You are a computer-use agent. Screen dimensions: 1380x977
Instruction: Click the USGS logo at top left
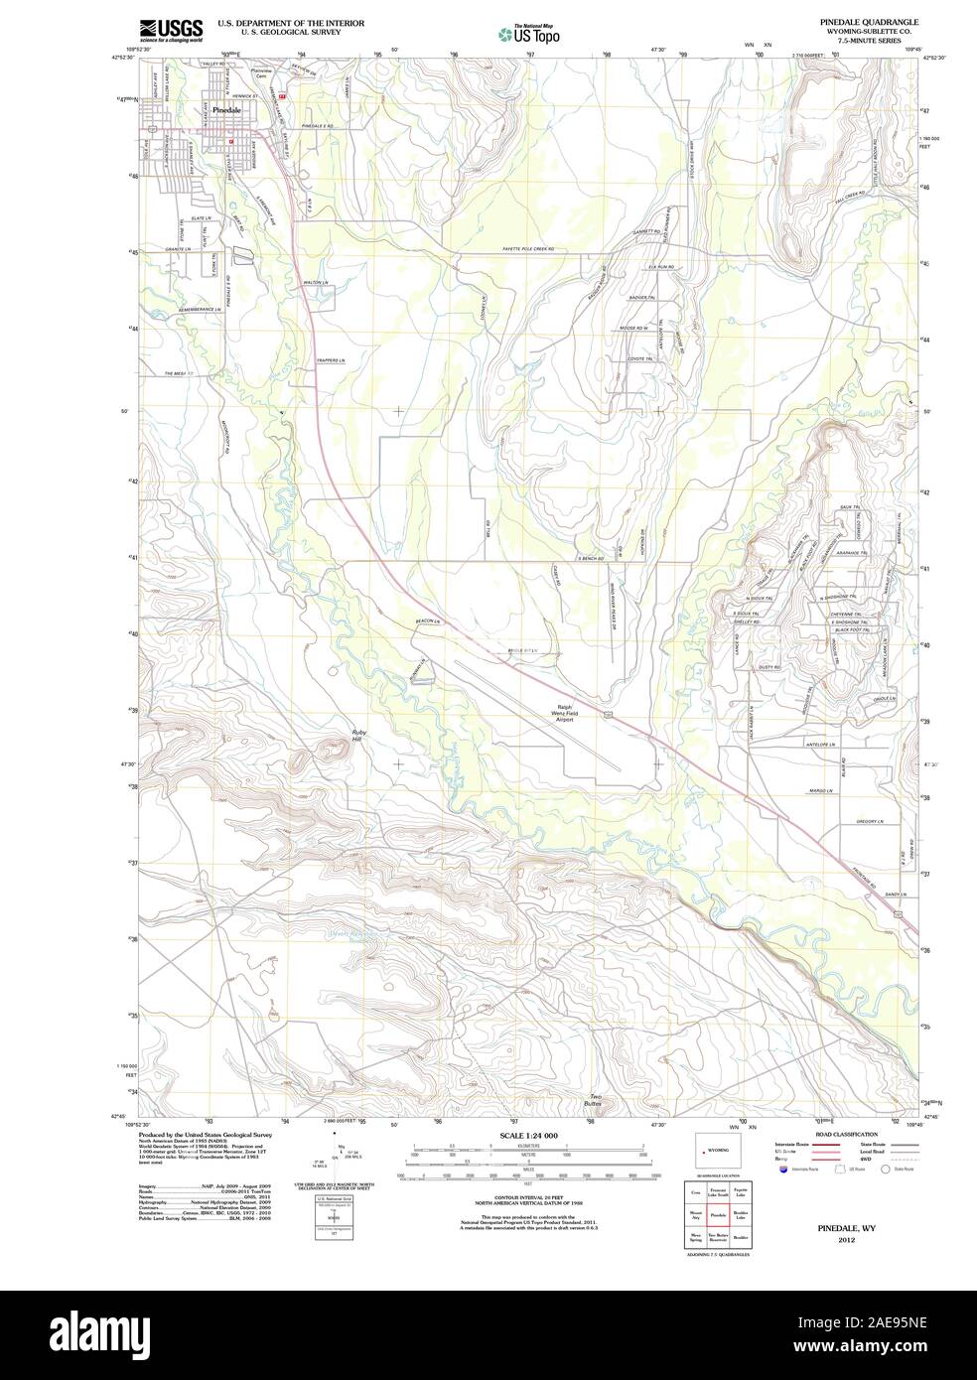click(171, 30)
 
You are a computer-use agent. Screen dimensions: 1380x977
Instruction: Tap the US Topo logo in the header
click(530, 34)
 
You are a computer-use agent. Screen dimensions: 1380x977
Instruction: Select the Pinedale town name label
click(227, 111)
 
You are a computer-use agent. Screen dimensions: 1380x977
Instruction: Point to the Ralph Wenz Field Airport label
click(566, 714)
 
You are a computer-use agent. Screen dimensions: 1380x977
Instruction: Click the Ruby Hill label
click(359, 736)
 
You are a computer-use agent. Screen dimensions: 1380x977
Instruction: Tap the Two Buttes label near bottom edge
click(594, 1100)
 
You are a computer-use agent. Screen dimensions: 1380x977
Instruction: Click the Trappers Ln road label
click(331, 359)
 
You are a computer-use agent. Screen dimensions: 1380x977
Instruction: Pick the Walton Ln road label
click(316, 283)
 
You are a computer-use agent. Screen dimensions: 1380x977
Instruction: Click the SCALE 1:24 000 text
click(528, 1134)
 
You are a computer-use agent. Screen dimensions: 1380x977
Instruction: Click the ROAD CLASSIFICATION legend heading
click(846, 1134)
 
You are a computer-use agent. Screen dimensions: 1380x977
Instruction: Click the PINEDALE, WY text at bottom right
click(845, 1228)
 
